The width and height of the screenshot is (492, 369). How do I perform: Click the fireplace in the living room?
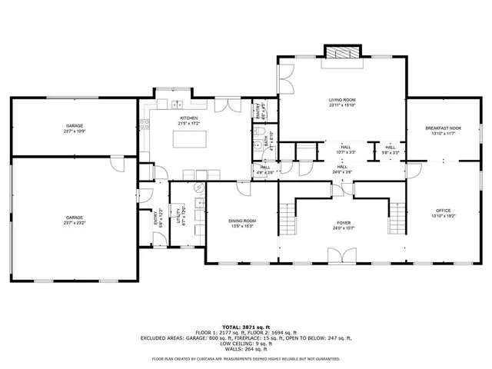coord(342,53)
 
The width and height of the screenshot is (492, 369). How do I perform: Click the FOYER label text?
coord(341,223)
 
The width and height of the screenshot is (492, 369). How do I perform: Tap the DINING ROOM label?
coord(242,221)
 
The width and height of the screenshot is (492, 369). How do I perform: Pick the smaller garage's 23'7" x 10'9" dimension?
coord(75,131)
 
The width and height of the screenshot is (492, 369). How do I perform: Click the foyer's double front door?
coord(341,256)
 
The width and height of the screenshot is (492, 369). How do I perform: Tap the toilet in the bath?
coord(258,145)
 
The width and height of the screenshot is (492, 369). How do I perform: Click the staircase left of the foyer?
coord(286,218)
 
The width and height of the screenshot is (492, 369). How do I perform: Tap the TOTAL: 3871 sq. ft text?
coord(245,327)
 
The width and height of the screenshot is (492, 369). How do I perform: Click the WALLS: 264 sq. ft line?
coord(245,348)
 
